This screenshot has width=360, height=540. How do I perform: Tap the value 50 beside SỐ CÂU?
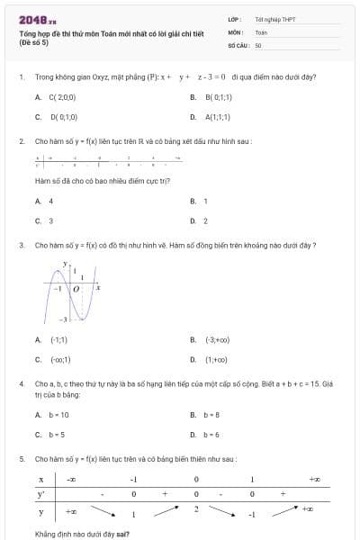258,44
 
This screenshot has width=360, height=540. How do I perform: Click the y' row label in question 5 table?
40,494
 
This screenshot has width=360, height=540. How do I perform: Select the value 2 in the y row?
195,509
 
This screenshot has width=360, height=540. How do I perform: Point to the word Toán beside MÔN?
261,31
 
